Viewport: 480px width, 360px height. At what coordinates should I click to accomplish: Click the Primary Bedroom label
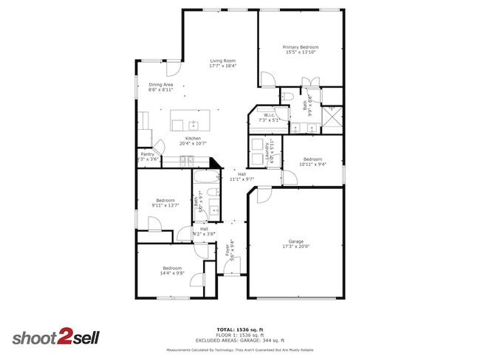301,46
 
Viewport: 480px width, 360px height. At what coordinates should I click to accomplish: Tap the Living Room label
222,60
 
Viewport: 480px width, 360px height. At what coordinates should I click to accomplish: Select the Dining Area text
161,85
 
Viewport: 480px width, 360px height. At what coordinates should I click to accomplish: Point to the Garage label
296,242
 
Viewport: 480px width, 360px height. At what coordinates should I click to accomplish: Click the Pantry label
148,154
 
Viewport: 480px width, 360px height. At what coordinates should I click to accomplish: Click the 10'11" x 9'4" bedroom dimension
312,164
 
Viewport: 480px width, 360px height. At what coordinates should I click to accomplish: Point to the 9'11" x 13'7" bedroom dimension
165,206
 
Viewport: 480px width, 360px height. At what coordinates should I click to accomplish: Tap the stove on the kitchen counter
185,160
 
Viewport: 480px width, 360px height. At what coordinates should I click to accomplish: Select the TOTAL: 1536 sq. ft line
240,329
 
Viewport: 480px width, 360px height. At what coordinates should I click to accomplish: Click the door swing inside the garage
262,195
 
